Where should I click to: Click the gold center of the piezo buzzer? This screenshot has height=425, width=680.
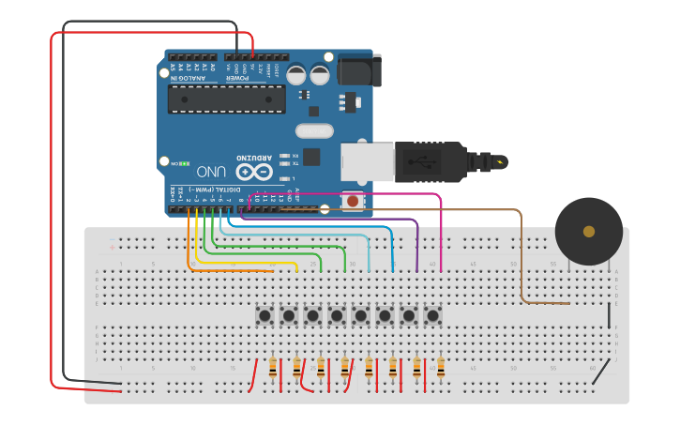pyautogui.click(x=589, y=232)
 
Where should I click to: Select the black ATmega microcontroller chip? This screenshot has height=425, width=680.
pyautogui.click(x=226, y=99)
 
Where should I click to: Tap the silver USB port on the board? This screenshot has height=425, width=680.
pyautogui.click(x=366, y=161)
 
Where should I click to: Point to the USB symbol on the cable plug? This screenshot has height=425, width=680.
pyautogui.click(x=427, y=161)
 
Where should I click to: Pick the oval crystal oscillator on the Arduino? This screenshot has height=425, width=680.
pyautogui.click(x=314, y=131)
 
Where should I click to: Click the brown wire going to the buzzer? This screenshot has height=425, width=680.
pyautogui.click(x=521, y=253)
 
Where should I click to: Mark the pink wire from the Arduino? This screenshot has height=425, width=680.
pyautogui.click(x=441, y=235)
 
